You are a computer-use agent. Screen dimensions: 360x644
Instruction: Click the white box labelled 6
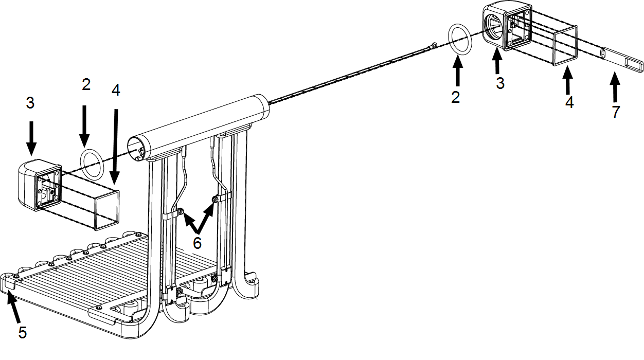click(198, 243)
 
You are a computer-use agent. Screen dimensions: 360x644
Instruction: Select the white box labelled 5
click(23, 333)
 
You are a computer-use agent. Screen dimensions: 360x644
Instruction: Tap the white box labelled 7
click(616, 112)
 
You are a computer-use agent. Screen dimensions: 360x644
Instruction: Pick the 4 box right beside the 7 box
click(570, 102)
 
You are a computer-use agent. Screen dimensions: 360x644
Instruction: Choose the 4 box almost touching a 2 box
click(116, 90)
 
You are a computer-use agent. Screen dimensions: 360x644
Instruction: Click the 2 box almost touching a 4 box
click(86, 84)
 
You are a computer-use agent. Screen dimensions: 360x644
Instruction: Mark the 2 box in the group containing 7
click(456, 97)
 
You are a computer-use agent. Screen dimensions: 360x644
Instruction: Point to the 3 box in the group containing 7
click(500, 83)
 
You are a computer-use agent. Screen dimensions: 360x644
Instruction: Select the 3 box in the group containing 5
click(30, 103)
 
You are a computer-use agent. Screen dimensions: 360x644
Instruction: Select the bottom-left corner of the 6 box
click(184, 254)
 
